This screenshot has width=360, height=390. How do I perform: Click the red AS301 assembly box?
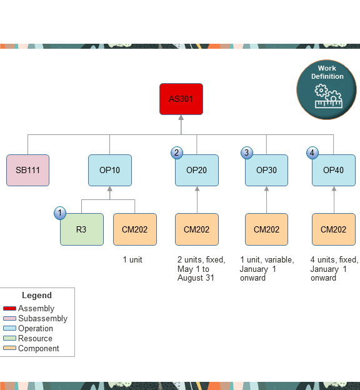coord(181,99)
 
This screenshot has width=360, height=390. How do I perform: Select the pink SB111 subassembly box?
coord(27,170)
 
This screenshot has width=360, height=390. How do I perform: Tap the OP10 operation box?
coord(110,170)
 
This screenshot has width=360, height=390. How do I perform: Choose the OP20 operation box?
coord(197,170)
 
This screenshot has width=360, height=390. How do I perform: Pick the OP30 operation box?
coord(266,170)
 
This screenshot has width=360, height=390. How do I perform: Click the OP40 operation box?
coord(333,170)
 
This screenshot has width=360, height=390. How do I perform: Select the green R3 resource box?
coord(82,229)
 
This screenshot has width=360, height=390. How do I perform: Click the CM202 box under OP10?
coord(135,229)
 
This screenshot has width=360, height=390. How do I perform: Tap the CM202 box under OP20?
coord(197,229)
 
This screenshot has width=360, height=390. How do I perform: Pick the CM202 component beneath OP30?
coord(266,229)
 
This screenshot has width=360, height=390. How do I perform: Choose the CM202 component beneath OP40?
coord(333,229)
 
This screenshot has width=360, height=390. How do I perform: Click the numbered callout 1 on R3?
coord(60,214)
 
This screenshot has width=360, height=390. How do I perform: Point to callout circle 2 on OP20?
coord(177,152)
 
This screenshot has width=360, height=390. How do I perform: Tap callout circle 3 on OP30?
coord(247,152)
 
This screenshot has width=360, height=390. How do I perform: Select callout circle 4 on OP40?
coord(313,152)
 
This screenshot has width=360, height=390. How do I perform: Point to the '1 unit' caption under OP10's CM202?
coord(132,259)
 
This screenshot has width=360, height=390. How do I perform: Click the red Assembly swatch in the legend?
coord(10,309)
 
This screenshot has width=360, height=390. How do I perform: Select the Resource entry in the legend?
coord(35,339)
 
